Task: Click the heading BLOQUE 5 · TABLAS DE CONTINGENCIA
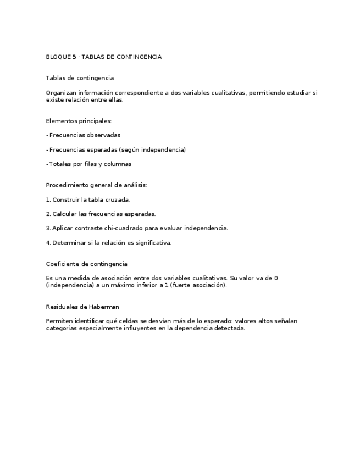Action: coord(103,57)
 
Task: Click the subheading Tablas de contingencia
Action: coord(80,79)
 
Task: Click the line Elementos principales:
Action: coord(79,121)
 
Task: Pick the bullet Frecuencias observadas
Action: coord(84,135)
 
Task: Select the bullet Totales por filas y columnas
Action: coord(90,164)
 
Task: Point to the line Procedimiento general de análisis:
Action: coord(96,185)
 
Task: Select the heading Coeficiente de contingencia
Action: coord(86,264)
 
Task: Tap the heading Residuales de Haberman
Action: coord(82,307)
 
